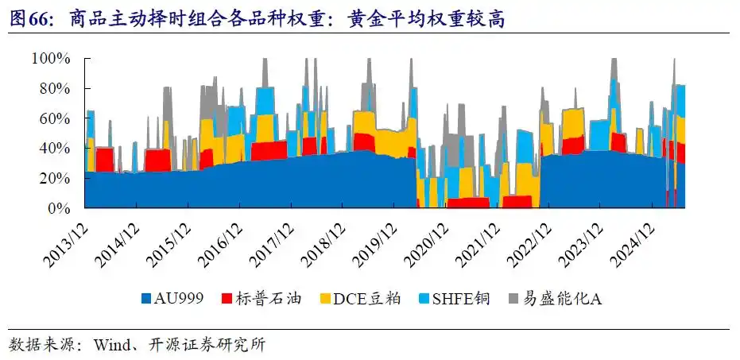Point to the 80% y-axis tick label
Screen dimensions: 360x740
pyautogui.click(x=57, y=88)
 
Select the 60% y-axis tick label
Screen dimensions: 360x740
pyautogui.click(x=57, y=118)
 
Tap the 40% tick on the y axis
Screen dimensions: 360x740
pyautogui.click(x=57, y=149)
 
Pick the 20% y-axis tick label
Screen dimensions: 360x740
pyautogui.click(x=57, y=179)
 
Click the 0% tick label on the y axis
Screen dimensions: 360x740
pyautogui.click(x=61, y=208)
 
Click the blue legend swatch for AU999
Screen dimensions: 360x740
pyautogui.click(x=145, y=300)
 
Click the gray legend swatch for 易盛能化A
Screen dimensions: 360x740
pyautogui.click(x=513, y=300)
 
